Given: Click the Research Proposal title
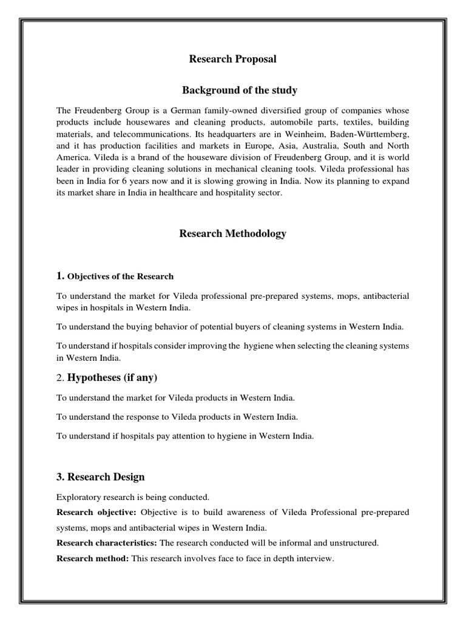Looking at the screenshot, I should (232, 59).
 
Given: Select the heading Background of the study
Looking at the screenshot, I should (240, 91).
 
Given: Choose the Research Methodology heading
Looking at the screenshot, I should (232, 234).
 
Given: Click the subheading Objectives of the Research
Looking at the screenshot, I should (120, 276).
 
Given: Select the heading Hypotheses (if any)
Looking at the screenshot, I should (112, 378).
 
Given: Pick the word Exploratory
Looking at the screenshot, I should (78, 497).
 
